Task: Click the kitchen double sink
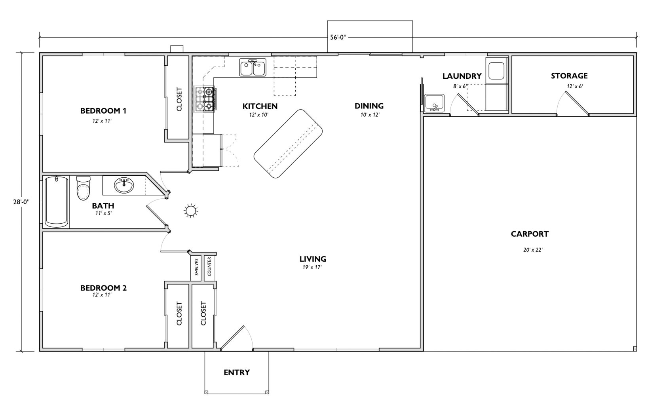(253, 68)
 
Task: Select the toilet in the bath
(83, 188)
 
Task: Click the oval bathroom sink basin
(124, 185)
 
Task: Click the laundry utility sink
(435, 103)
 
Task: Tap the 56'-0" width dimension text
(338, 38)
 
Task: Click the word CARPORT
(529, 234)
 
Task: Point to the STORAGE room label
(569, 76)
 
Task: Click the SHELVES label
(197, 267)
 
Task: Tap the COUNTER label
(209, 267)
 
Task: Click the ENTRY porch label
(236, 373)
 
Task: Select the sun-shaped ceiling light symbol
(191, 211)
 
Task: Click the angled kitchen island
(288, 144)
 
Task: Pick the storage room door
(576, 103)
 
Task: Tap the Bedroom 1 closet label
(179, 99)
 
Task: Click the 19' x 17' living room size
(312, 267)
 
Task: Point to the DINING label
(369, 106)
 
